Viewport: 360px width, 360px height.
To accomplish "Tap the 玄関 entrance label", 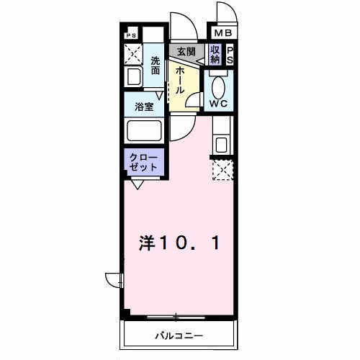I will tap(186, 51).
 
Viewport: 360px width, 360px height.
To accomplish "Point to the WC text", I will tap(218, 103).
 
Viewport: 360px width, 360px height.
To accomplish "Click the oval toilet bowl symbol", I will tap(218, 85).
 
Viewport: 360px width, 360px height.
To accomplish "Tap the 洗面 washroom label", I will tap(156, 66).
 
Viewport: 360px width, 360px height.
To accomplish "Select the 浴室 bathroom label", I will tap(144, 107).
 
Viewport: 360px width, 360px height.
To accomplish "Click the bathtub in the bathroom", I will tap(145, 132).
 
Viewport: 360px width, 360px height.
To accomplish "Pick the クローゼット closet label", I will tap(145, 161).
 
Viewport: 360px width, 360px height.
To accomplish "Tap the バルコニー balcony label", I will tap(179, 336).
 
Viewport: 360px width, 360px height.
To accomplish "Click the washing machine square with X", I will tap(133, 53).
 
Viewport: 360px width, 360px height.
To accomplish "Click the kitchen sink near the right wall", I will tap(221, 143).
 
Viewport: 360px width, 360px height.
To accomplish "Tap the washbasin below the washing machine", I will tap(133, 76).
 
